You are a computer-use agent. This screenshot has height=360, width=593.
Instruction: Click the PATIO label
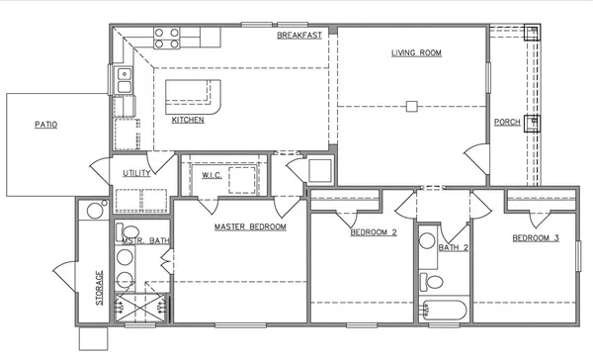pos(45,126)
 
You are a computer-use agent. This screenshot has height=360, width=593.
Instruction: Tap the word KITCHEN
pos(188,120)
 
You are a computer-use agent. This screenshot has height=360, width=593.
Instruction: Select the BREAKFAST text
pos(298,36)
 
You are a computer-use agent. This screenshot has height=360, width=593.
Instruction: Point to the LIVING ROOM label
pos(416,52)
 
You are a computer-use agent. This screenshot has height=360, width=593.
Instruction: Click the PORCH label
pos(507,122)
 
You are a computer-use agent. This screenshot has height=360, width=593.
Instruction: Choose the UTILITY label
pos(136,173)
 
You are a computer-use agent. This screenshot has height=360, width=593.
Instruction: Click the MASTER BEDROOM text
pos(250,227)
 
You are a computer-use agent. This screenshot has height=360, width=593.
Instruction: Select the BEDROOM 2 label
pos(373,233)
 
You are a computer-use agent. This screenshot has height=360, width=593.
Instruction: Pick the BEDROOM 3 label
pos(536,239)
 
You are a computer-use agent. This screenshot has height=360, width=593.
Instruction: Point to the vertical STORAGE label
pos(98,288)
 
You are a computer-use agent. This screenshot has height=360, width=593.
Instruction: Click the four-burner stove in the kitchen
pos(167,38)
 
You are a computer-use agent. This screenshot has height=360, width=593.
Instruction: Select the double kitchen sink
pos(126,79)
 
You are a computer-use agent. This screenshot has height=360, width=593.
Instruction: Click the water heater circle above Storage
pos(94,210)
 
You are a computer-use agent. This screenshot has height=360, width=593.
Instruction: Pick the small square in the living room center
pos(413,105)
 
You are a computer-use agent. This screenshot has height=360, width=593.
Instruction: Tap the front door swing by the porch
pos(476,156)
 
